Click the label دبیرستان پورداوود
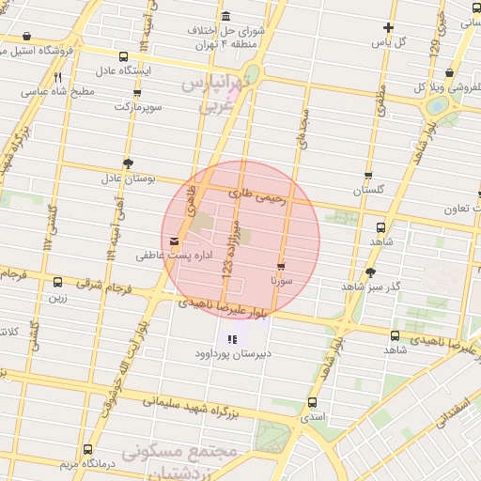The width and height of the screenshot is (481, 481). [x=232, y=354]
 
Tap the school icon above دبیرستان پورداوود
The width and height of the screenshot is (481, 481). [x=232, y=339]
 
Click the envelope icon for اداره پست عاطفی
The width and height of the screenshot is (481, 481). [x=174, y=241]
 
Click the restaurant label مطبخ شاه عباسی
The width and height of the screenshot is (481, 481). [x=58, y=91]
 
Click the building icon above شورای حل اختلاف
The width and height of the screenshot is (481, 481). [x=226, y=17]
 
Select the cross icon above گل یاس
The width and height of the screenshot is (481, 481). [x=388, y=27]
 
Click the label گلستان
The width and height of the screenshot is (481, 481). [x=369, y=190]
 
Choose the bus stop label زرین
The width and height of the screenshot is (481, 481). [x=58, y=297]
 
